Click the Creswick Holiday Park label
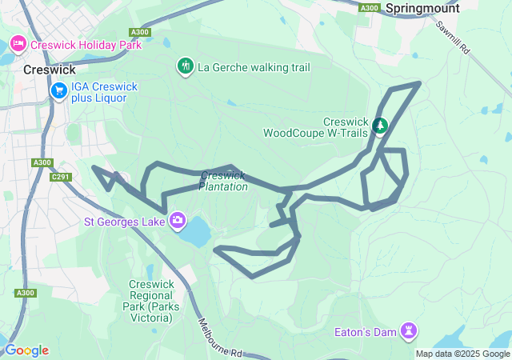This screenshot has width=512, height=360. coord(86,45)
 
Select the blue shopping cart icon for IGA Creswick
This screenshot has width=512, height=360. coord(58,92)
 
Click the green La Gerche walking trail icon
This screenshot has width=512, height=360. coord(185,65)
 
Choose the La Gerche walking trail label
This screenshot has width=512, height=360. coord(254,67)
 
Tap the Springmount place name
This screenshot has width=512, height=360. coord(422,8)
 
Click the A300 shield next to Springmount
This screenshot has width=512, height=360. coord(369,8)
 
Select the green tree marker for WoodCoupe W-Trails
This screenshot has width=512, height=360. coord(380,125)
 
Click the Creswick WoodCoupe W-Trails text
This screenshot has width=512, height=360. coord(316,127)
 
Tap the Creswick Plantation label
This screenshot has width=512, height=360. coord(223,181)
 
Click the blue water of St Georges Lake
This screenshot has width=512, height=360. coord(196,233)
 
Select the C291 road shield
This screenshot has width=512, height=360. coord(60,177)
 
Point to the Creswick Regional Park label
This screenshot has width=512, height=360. coord(150,301)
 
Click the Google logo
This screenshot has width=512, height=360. coord(26,350)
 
